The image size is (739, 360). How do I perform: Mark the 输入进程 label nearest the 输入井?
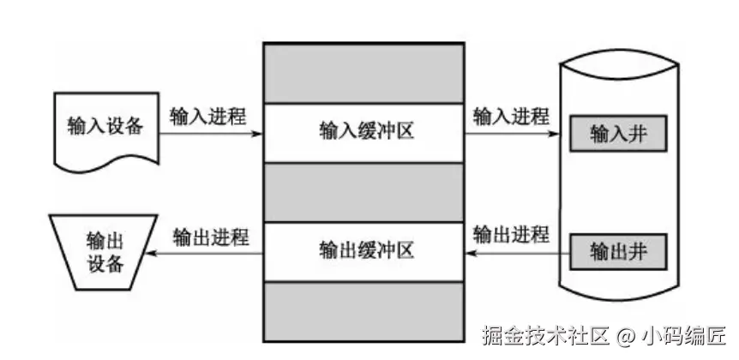[512, 117]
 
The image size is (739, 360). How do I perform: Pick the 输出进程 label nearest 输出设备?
[210, 237]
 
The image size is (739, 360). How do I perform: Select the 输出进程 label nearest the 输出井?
[512, 234]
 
